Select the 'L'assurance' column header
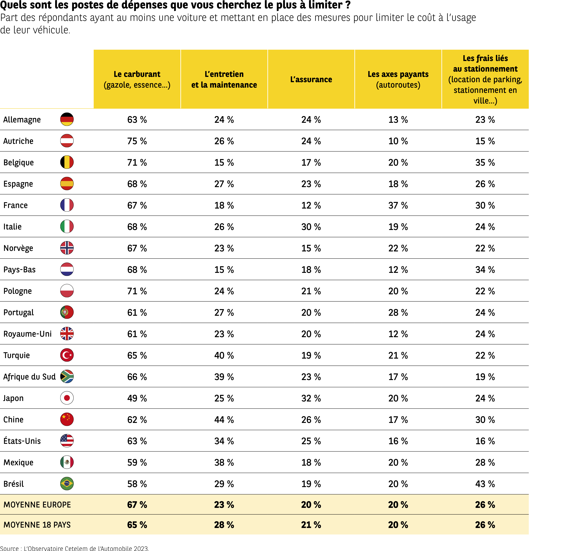pos(311,79)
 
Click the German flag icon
pos(67,119)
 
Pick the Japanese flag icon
pos(67,398)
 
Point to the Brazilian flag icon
pos(67,484)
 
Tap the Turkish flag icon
pos(67,355)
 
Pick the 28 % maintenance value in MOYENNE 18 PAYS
pos(224,525)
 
